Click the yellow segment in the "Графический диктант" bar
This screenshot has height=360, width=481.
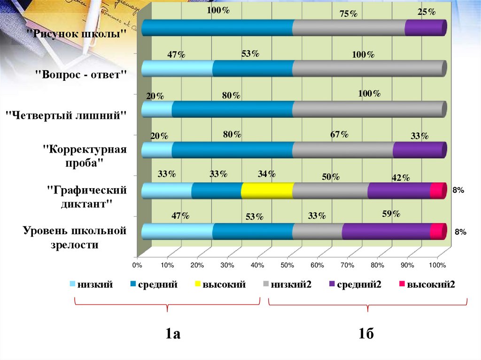tap(267, 191)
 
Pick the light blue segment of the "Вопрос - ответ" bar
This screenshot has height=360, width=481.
tap(177, 69)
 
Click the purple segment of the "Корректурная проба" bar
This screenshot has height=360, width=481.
tap(419, 150)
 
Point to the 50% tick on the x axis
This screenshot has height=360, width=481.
tap(287, 265)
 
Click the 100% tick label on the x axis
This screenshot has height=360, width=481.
tap(437, 265)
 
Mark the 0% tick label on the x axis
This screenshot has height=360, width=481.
tap(137, 265)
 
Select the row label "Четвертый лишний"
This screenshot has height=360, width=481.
tap(66, 114)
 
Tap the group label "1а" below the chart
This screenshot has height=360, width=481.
tap(172, 334)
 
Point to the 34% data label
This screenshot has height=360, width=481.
tap(266, 174)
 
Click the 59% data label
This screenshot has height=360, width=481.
tap(391, 214)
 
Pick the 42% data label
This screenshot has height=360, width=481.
tap(401, 177)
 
